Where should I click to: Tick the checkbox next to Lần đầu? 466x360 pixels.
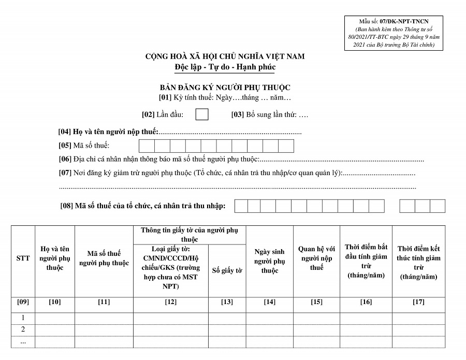202,114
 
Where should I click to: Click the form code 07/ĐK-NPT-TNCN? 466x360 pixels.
405,22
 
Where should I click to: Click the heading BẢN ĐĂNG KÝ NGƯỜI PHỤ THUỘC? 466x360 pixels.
225,88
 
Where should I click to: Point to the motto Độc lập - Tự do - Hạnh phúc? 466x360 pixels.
225,67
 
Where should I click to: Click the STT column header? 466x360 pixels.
23,258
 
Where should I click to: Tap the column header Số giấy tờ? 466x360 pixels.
227,270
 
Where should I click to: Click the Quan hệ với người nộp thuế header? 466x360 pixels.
316,258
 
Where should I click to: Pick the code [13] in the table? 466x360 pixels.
227,302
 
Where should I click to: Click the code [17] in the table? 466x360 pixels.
418,302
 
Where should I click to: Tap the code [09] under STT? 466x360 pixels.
23,302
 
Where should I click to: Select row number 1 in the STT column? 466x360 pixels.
23,318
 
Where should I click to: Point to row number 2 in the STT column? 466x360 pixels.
23,329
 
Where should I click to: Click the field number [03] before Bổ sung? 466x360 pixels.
238,114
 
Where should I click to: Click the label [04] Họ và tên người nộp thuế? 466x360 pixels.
108,132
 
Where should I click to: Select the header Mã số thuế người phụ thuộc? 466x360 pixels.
104,258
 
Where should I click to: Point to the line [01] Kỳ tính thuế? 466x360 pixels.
225,97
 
